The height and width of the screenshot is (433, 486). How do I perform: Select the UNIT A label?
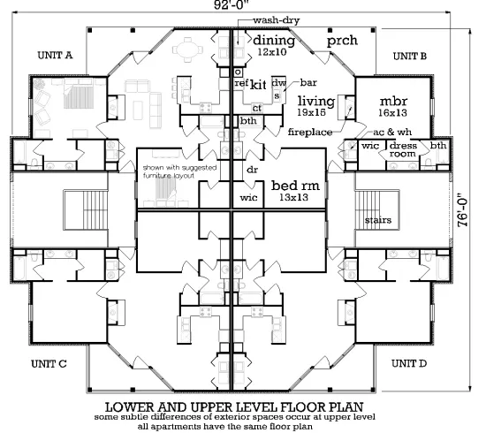(x=55, y=56)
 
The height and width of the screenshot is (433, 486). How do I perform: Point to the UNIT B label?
(x=410, y=56)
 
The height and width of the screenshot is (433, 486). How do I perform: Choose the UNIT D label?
(x=410, y=363)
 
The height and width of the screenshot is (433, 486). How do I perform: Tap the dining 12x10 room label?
(x=273, y=46)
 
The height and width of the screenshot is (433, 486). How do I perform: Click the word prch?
(x=342, y=41)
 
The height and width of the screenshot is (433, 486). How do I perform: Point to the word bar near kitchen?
(x=308, y=81)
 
